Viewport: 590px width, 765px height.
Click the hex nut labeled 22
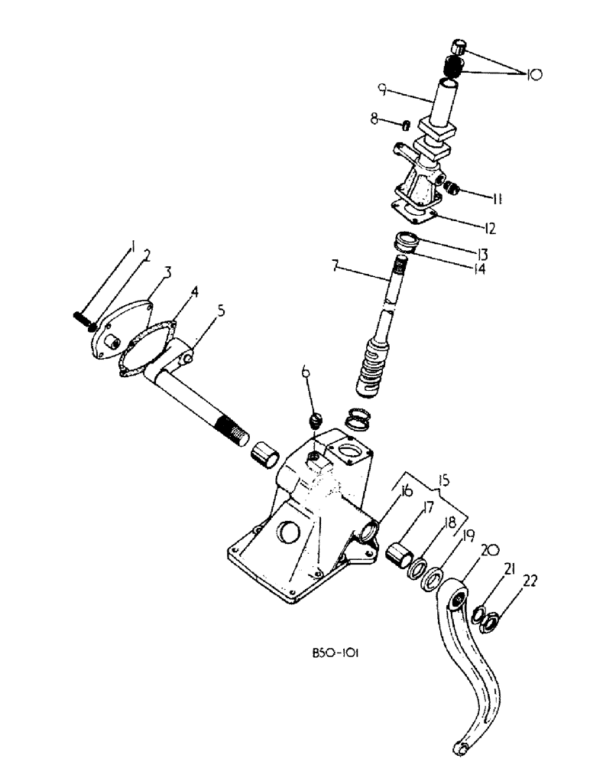485,623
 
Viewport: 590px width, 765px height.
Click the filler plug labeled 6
313,420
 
